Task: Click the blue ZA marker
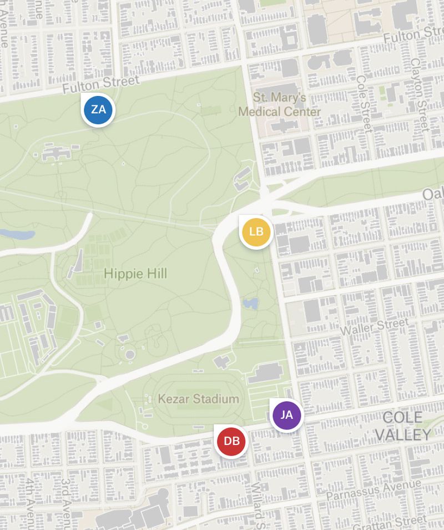(98, 110)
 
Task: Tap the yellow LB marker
(256, 232)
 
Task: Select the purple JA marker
(286, 415)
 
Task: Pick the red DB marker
(231, 442)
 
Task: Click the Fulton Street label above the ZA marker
(100, 85)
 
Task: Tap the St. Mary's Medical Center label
(280, 105)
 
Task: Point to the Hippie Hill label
(135, 274)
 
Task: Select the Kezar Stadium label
(199, 399)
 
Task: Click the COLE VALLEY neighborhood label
(402, 426)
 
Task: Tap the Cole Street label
(364, 104)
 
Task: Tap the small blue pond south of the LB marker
(250, 304)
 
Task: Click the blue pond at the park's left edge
(18, 234)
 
